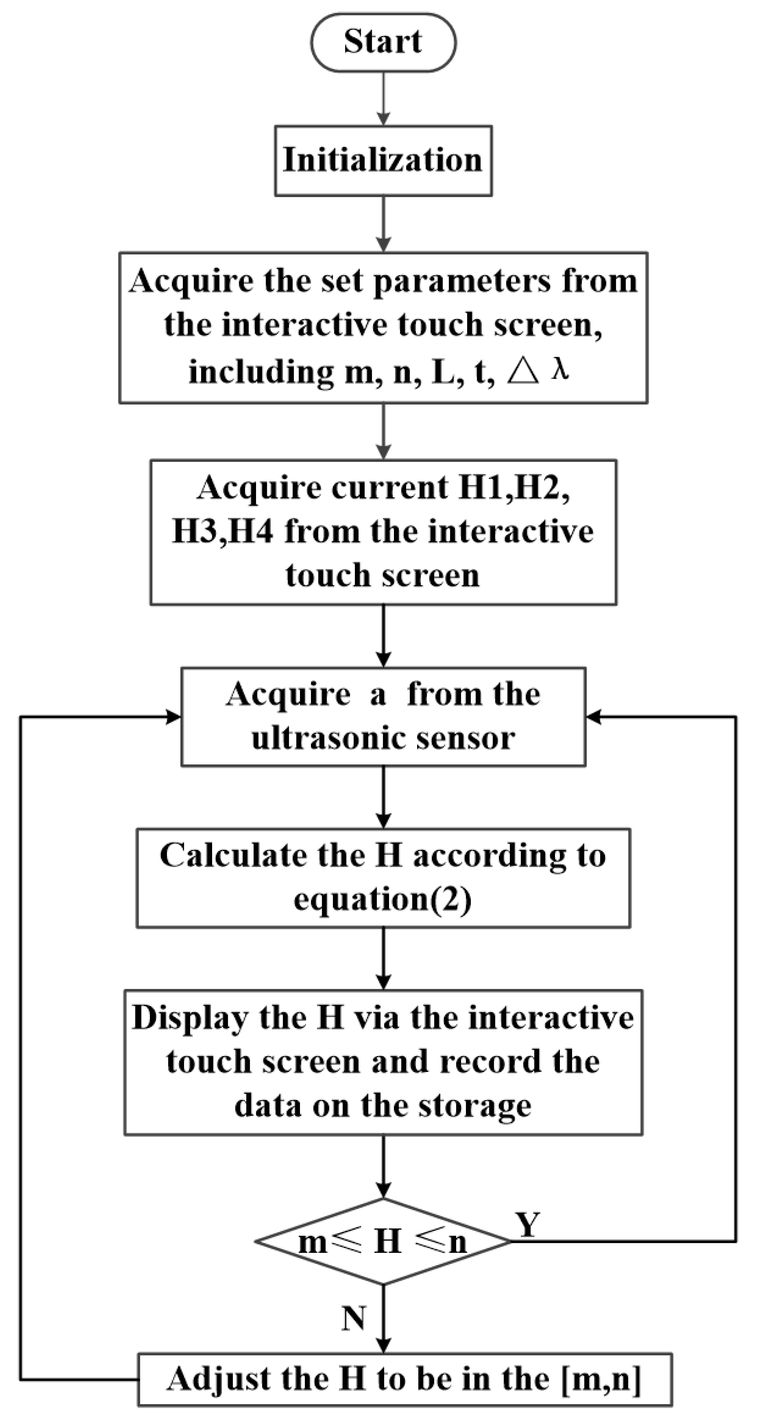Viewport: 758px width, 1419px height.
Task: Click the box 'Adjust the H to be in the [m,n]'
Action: (405, 1379)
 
